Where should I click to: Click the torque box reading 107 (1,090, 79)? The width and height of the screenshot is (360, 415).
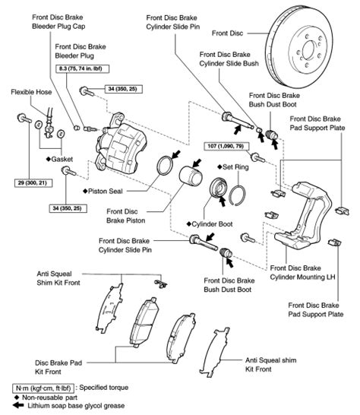pyautogui.click(x=224, y=146)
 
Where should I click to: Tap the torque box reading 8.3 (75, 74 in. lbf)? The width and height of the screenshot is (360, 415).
pyautogui.click(x=83, y=69)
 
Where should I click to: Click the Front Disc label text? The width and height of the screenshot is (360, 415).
pyautogui.click(x=228, y=33)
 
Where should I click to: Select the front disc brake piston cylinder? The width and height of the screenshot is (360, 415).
pyautogui.click(x=191, y=176)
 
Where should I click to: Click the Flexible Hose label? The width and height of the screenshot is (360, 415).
pyautogui.click(x=31, y=92)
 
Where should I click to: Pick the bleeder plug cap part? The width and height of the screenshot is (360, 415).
pyautogui.click(x=77, y=128)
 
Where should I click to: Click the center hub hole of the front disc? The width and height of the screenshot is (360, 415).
pyautogui.click(x=308, y=49)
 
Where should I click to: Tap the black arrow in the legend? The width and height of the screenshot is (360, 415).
pyautogui.click(x=18, y=405)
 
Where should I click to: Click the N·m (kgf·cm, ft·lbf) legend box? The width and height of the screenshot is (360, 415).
pyautogui.click(x=43, y=388)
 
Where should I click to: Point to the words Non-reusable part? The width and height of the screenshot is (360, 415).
pyautogui.click(x=49, y=398)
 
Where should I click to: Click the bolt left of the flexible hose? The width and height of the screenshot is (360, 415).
pyautogui.click(x=24, y=118)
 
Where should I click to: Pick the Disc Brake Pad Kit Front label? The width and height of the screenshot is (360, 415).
pyautogui.click(x=58, y=367)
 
